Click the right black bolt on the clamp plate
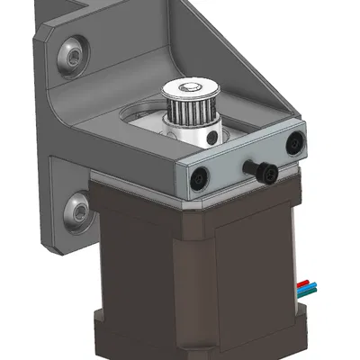(x=294, y=141)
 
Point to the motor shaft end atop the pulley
(x=190, y=87)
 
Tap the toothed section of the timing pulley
(x=190, y=112)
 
